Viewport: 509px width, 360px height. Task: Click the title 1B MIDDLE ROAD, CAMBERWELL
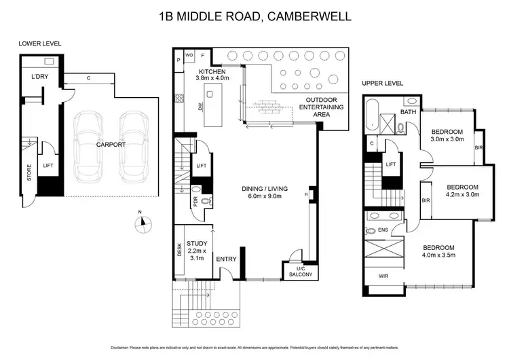254,14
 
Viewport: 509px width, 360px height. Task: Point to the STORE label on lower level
29,175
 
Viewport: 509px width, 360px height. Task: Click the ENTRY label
226,259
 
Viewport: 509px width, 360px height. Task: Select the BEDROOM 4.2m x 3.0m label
461,190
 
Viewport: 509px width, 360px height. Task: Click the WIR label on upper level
383,276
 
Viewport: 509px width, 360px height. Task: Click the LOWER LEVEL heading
40,43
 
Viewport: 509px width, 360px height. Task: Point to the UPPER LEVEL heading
382,83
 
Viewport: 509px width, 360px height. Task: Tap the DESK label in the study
179,251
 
